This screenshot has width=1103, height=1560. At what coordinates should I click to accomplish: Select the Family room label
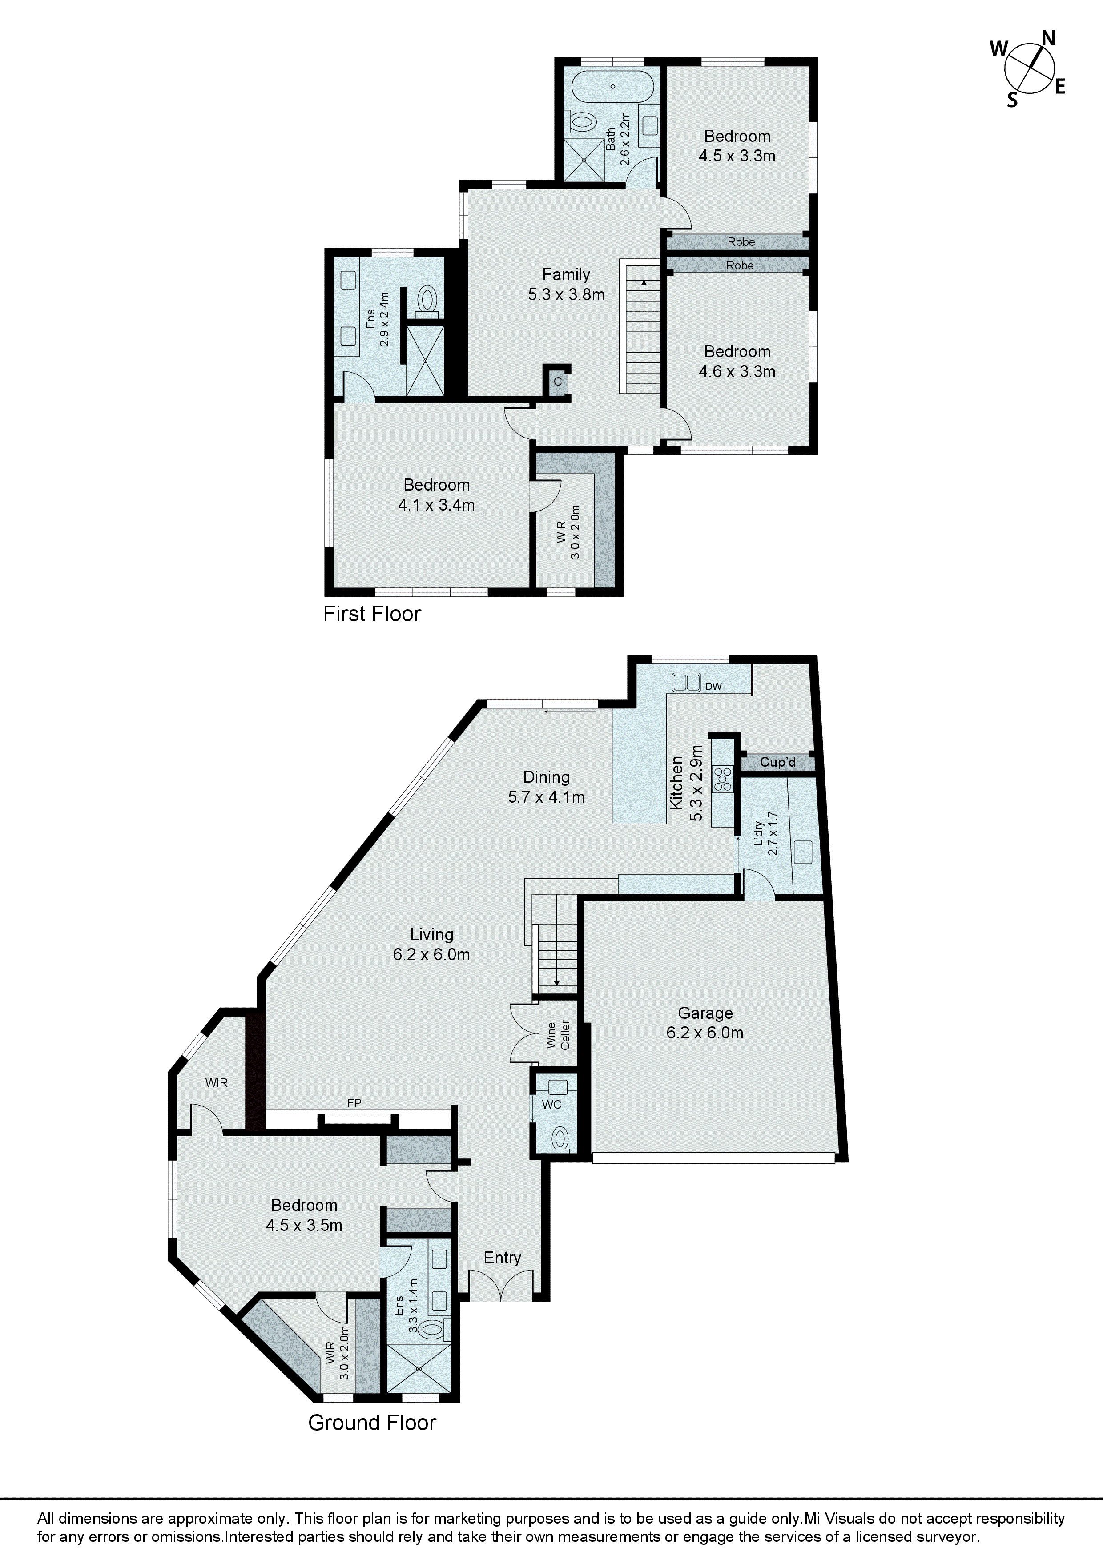click(566, 285)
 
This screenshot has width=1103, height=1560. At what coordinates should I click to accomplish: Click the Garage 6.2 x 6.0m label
click(705, 1022)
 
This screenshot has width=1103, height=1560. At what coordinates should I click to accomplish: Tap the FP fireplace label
click(354, 1103)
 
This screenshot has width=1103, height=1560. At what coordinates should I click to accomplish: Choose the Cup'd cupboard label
click(777, 762)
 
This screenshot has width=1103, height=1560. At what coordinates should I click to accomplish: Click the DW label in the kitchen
click(713, 686)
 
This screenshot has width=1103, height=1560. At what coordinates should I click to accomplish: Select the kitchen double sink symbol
click(686, 681)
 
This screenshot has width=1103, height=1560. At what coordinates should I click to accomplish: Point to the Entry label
click(502, 1258)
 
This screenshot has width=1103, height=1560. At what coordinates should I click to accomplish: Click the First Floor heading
click(372, 614)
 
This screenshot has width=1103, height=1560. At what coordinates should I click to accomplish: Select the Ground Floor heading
click(372, 1423)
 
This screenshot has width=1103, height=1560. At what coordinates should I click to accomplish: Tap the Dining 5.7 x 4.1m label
click(547, 787)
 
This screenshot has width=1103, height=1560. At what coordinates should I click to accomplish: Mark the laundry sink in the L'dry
click(803, 852)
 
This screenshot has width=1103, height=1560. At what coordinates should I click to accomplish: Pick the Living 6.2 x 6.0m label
click(431, 945)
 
